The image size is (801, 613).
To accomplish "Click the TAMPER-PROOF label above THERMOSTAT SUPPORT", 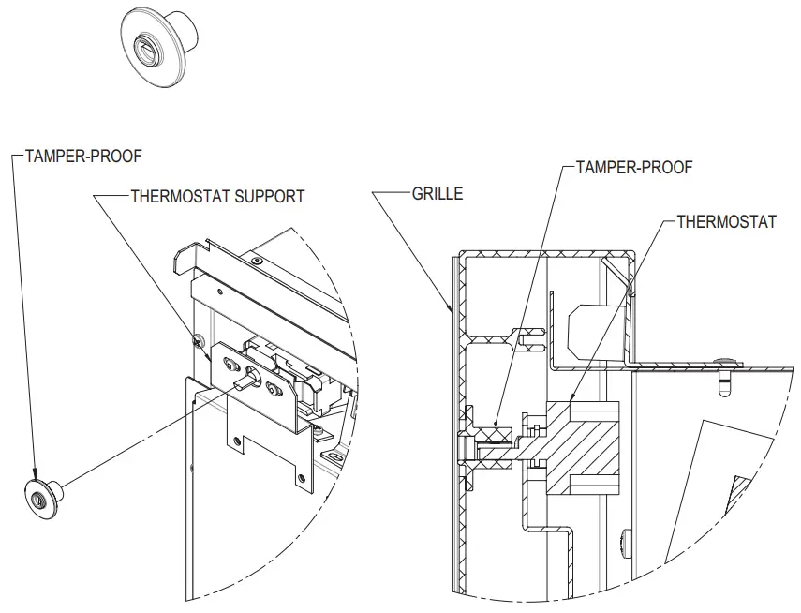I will tap(84, 157).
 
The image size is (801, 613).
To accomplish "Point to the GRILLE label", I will tap(438, 195).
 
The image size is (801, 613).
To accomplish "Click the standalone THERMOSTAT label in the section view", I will tap(727, 222).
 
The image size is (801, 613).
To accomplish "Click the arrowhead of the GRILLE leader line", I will tap(452, 308).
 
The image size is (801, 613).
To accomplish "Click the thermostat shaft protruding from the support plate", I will tap(250, 378).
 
